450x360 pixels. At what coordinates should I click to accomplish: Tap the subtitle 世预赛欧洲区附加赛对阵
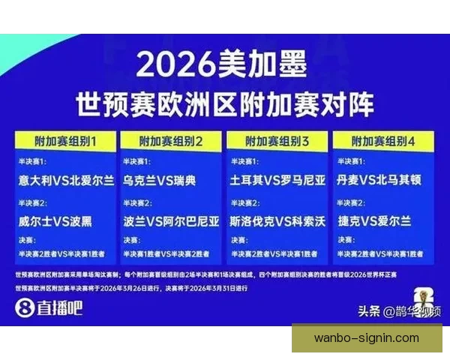click(224, 104)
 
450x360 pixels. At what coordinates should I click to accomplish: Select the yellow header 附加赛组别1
click(65, 141)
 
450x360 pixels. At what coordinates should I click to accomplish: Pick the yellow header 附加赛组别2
click(172, 141)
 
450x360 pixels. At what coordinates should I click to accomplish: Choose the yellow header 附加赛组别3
click(277, 141)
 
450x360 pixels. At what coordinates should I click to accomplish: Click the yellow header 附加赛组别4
click(383, 141)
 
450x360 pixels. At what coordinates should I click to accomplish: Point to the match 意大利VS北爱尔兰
click(67, 180)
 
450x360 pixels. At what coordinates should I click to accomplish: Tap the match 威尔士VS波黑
click(57, 221)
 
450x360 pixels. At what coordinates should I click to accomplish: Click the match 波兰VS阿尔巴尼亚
click(172, 221)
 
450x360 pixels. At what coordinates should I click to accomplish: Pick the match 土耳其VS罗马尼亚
click(278, 180)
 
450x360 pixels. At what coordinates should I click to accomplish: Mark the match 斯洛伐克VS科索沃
click(278, 221)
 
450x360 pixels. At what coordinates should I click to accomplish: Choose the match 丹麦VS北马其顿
click(383, 180)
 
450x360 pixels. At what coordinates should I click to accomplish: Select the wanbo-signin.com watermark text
click(366, 338)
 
